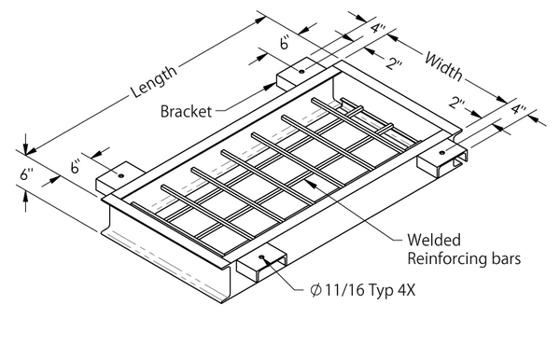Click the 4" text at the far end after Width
click(x=520, y=111)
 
